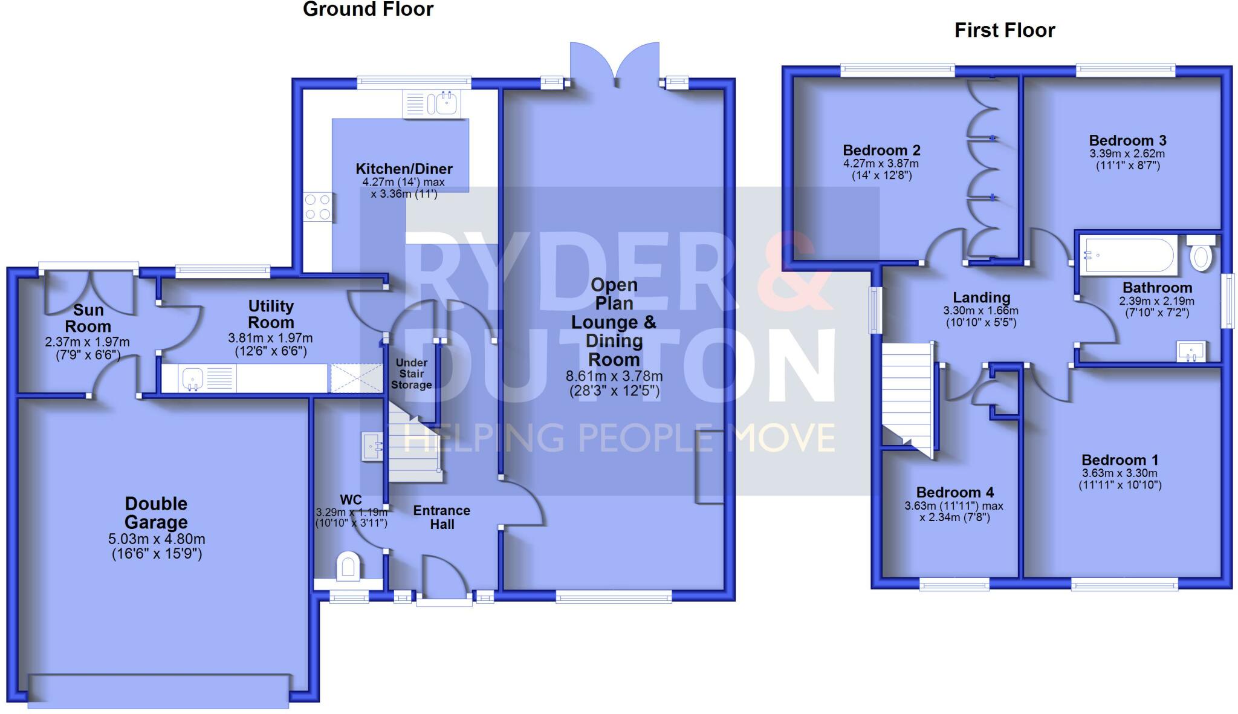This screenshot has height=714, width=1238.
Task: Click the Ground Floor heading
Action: click(x=368, y=9)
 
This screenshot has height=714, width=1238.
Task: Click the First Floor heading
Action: click(x=1005, y=30)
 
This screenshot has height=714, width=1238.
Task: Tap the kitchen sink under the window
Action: click(x=432, y=103)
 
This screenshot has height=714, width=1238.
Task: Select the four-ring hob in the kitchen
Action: click(x=318, y=207)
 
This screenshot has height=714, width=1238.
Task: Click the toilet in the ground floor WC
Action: click(x=348, y=566)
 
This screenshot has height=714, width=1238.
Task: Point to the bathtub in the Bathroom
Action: click(x=1128, y=256)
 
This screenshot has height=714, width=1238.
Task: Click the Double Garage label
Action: click(x=156, y=513)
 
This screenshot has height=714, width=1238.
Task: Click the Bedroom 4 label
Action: click(x=954, y=492)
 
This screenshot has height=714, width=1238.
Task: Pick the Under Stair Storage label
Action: click(x=411, y=374)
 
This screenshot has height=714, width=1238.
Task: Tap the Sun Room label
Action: click(x=88, y=318)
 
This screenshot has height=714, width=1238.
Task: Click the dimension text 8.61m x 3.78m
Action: click(x=614, y=376)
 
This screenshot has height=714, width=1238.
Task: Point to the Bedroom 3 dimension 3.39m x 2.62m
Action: click(x=1127, y=154)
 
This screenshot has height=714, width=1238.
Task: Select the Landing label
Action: click(x=981, y=297)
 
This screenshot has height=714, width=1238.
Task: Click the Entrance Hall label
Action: click(x=442, y=518)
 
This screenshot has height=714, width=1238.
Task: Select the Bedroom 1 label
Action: click(x=1120, y=459)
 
